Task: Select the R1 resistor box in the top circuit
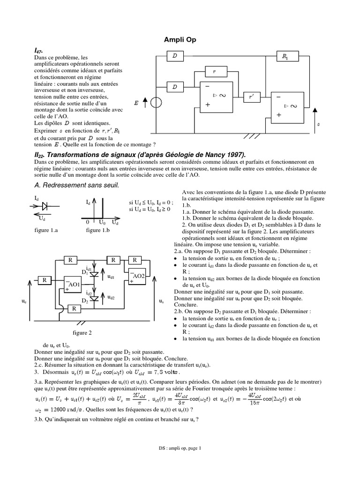(x=285, y=56)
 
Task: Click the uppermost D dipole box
(x=175, y=56)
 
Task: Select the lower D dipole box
(x=175, y=87)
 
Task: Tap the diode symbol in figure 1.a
(x=45, y=205)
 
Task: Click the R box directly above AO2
(x=135, y=259)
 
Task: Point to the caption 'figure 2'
(x=82, y=333)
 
